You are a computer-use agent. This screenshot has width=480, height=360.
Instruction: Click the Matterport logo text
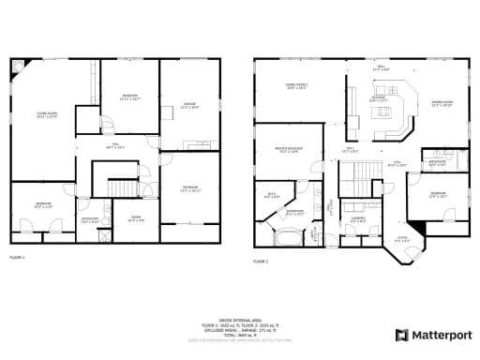(x=438, y=335)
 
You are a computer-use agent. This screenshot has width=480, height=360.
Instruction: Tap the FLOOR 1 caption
(x=18, y=256)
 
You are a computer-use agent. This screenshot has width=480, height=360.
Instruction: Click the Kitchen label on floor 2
(x=379, y=98)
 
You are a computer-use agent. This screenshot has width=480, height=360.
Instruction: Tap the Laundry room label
(x=356, y=219)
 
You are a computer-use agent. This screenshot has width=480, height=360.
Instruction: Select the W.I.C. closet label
(x=272, y=195)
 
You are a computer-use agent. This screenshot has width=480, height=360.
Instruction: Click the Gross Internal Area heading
(x=239, y=319)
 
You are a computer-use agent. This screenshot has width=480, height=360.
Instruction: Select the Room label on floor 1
(x=135, y=218)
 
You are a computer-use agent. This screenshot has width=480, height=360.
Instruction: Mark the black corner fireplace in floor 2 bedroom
(x=418, y=228)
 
